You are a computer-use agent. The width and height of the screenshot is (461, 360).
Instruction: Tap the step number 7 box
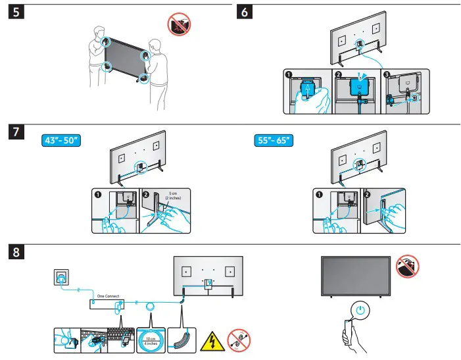pyautogui.click(x=16, y=131)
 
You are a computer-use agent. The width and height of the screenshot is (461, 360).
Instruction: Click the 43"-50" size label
pyautogui.click(x=59, y=141)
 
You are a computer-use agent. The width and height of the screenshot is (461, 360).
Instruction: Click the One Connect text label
pyautogui.click(x=107, y=296)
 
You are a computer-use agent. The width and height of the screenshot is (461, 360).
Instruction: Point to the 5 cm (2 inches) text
pyautogui.click(x=174, y=197)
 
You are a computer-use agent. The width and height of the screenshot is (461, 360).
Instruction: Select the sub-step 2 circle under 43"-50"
pyautogui.click(x=146, y=195)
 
